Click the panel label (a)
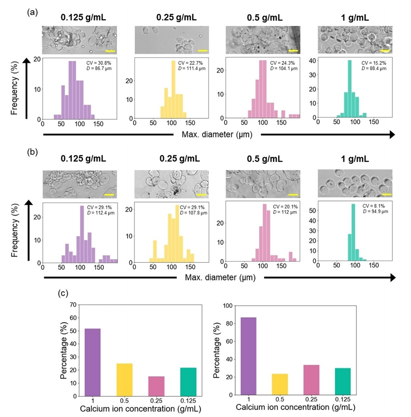click(x=31, y=12)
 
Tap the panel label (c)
click(x=63, y=294)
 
